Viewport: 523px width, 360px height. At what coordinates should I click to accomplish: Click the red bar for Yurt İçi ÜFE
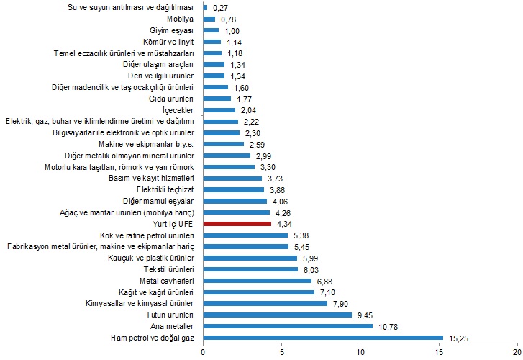237,225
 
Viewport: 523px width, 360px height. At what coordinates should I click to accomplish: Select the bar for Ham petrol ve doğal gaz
323,337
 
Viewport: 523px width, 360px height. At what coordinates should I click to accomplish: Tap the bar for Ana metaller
288,325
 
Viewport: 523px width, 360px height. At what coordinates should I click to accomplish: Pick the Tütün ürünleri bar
278,315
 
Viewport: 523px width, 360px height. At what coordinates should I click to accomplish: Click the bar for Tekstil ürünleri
250,269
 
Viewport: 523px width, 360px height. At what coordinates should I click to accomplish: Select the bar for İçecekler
219,110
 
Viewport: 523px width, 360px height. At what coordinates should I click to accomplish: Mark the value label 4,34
287,225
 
